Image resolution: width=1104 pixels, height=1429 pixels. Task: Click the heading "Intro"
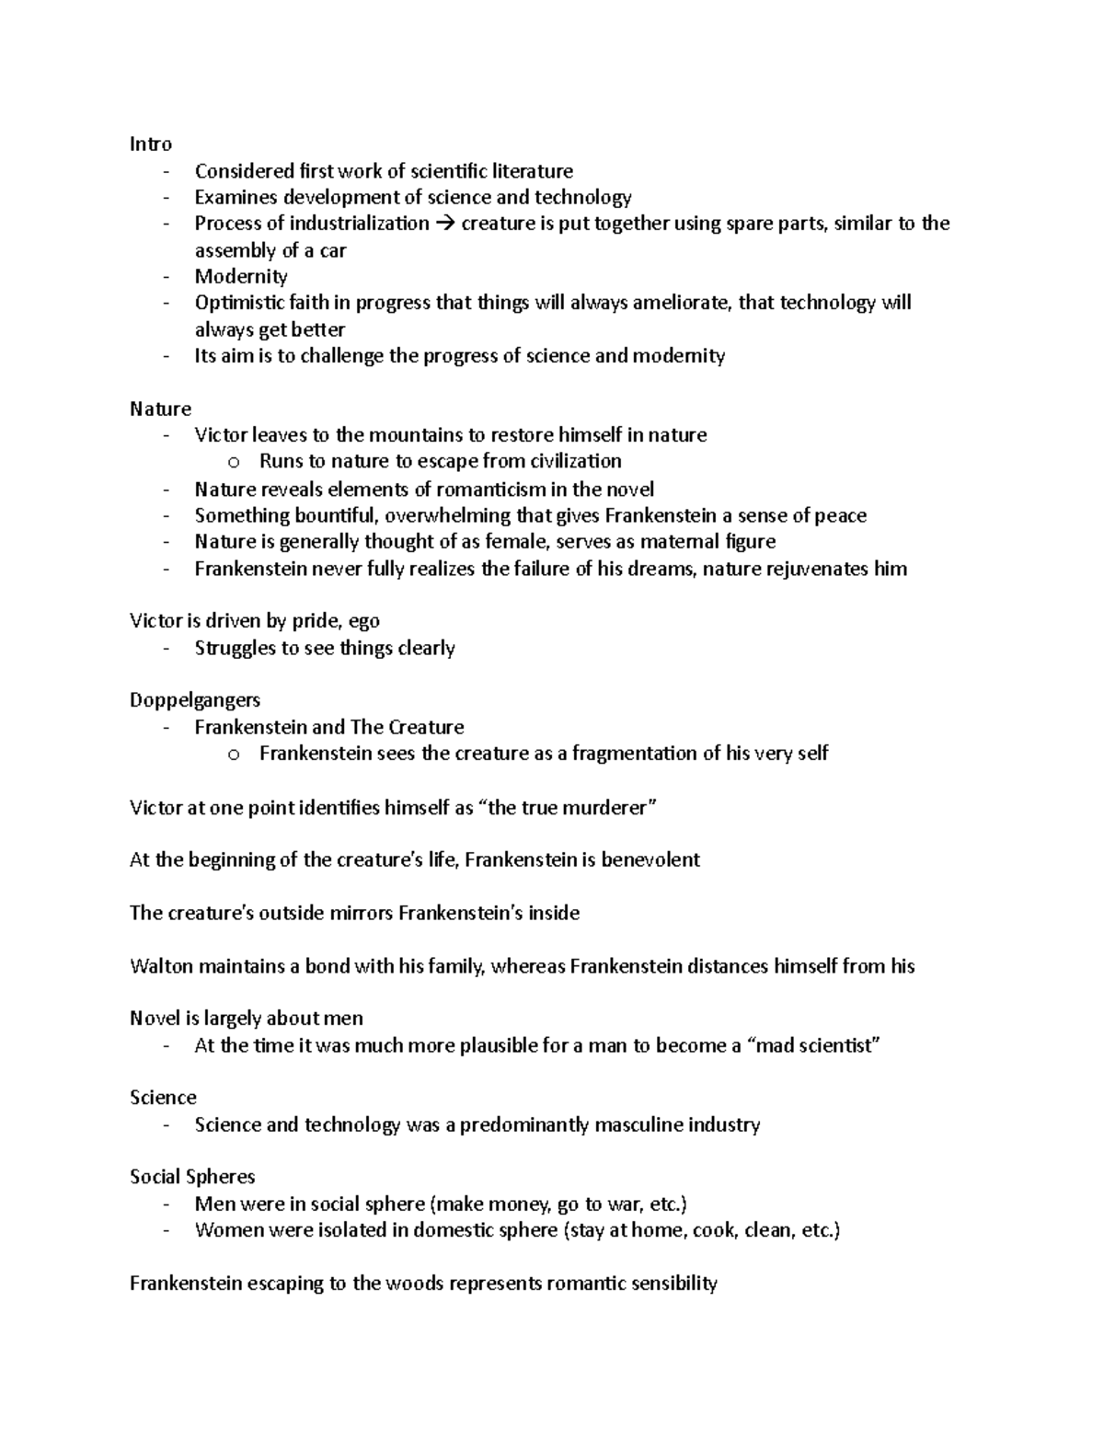tap(151, 144)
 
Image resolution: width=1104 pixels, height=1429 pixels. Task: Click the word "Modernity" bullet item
tap(241, 276)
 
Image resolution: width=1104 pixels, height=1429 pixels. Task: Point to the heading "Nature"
tap(160, 409)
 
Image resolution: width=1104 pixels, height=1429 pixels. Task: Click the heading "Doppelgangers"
tap(195, 700)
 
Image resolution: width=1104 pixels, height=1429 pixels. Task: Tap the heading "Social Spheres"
tap(192, 1177)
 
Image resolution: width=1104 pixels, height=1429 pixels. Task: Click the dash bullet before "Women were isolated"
tap(166, 1231)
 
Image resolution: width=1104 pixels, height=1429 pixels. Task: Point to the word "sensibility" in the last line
tap(670, 1284)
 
